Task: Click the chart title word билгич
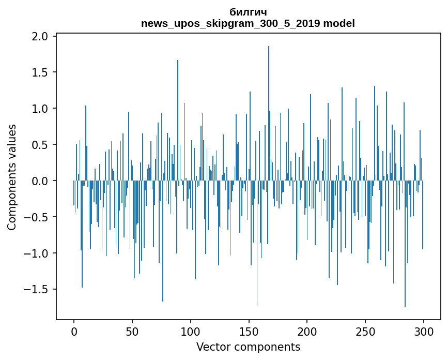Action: click(x=248, y=12)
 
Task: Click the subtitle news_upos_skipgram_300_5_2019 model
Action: click(x=248, y=23)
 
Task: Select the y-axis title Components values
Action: click(x=12, y=177)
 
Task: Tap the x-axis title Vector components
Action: click(x=248, y=347)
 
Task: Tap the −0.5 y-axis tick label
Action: click(x=36, y=217)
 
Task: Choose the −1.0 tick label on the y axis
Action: click(x=36, y=253)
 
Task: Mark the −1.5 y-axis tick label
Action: click(x=36, y=290)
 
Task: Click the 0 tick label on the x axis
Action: click(x=74, y=331)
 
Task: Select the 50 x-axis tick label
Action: click(x=132, y=331)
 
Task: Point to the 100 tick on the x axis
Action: click(x=191, y=331)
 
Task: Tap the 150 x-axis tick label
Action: click(x=249, y=331)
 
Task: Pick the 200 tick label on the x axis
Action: click(x=307, y=331)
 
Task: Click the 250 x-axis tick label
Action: click(x=365, y=331)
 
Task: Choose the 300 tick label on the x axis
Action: click(x=424, y=331)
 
